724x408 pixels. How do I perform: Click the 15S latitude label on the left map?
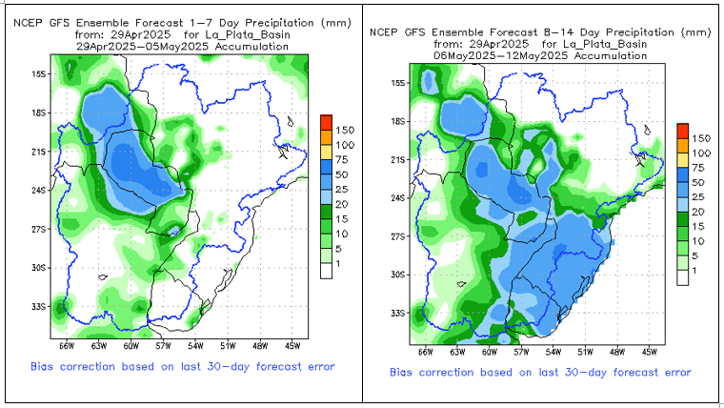[x=40, y=73]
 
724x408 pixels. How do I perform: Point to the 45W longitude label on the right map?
[x=650, y=352]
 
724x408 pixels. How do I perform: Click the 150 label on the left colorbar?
[x=345, y=129]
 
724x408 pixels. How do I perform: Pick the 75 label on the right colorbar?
[x=698, y=168]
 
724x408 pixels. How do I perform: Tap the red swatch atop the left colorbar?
[x=326, y=121]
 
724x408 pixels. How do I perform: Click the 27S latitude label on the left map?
[x=40, y=230]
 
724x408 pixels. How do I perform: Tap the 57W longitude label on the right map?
[x=522, y=352]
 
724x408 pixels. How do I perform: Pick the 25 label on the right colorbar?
[x=698, y=196]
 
